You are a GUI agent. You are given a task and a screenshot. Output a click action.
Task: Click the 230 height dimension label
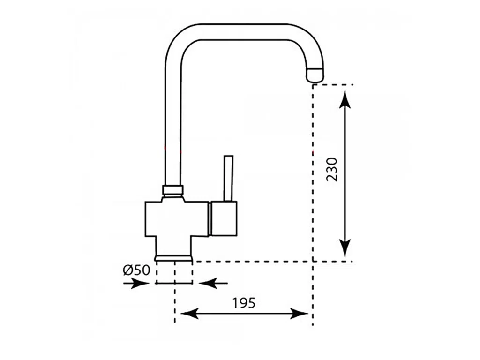tap(332, 170)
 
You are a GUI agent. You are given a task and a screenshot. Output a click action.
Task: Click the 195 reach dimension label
tap(244, 303)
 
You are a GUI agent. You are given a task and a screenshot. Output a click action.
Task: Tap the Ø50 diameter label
tap(136, 270)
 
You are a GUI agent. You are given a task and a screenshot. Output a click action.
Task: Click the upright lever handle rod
tap(229, 178)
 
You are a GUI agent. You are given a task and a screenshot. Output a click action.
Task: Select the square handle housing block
tap(224, 218)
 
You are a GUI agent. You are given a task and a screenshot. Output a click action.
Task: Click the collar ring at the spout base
tap(172, 190)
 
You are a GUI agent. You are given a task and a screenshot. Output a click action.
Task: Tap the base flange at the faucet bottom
tap(173, 257)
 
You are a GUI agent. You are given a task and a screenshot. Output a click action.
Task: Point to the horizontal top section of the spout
tap(244, 32)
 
